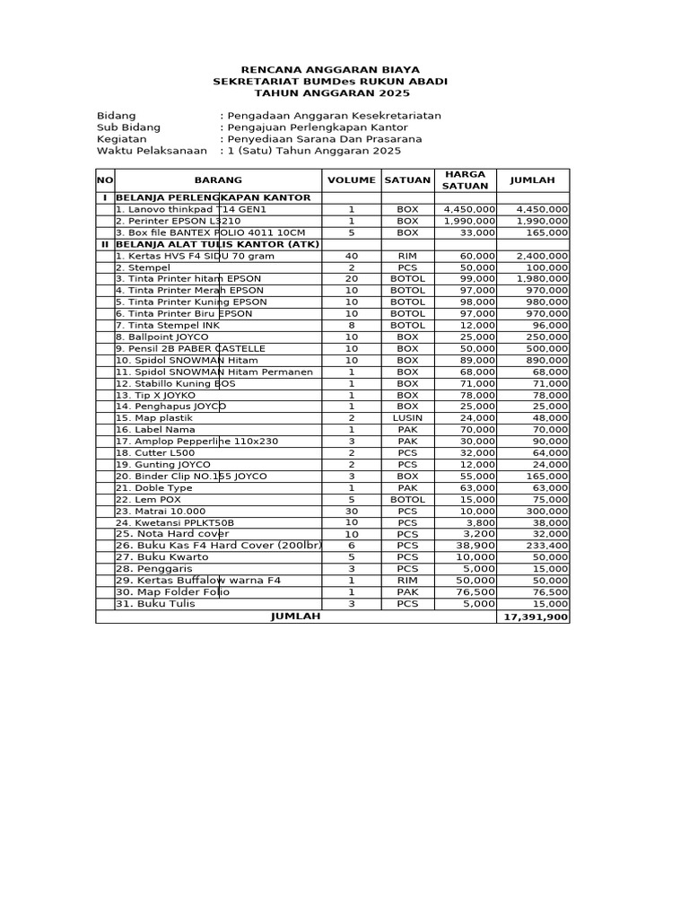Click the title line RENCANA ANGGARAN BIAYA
coord(330,70)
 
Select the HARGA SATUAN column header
coord(465,179)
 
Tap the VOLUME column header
coord(352,180)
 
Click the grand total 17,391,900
coord(534,617)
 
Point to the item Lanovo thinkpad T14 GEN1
coord(179,209)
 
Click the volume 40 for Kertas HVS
coord(352,256)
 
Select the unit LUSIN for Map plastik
coord(407,418)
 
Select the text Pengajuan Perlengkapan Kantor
coord(319,127)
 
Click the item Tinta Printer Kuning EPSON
coord(190,302)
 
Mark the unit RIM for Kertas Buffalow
coord(407,581)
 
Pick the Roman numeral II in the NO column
coord(104,244)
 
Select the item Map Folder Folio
coord(172,592)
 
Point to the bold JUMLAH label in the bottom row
coord(295,617)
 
